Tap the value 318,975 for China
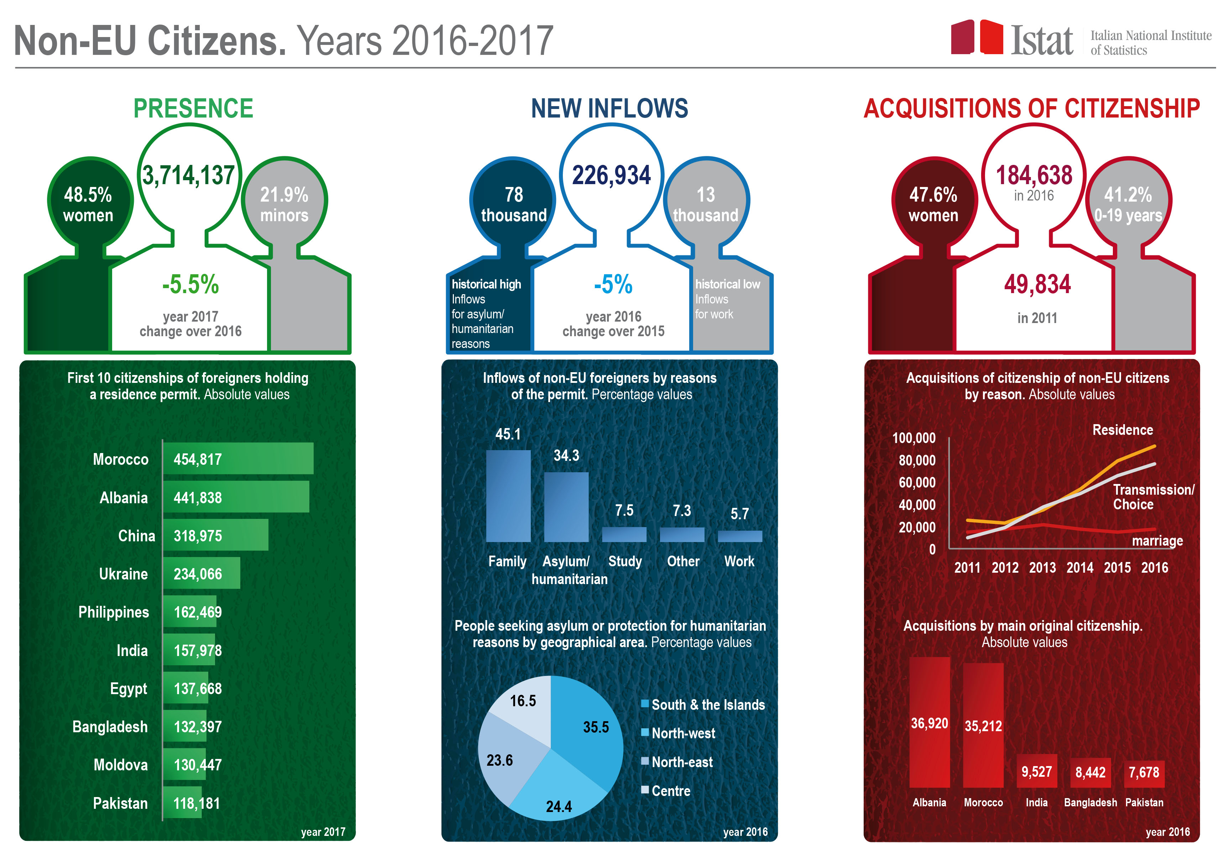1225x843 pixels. tap(198, 536)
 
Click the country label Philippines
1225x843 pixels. tap(114, 612)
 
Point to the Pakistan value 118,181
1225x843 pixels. tap(197, 803)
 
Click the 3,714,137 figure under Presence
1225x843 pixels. tap(188, 175)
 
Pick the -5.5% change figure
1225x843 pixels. tap(190, 285)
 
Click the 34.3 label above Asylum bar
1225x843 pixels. tap(566, 455)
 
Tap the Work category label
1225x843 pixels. tap(739, 561)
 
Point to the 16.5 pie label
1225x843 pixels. tap(523, 701)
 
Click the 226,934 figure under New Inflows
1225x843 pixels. tap(612, 175)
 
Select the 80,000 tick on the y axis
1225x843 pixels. tap(917, 460)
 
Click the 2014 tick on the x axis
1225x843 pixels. tap(1079, 568)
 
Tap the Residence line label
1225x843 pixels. tap(1122, 430)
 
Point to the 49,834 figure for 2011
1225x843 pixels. tap(1037, 285)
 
